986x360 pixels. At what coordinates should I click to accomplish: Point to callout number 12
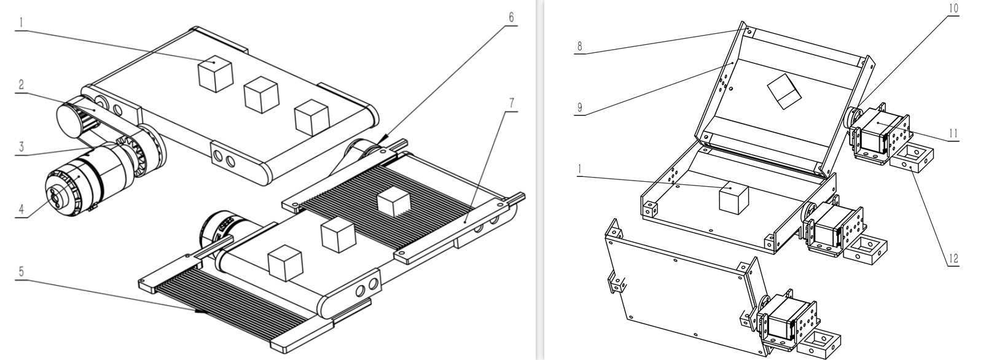pyautogui.click(x=953, y=259)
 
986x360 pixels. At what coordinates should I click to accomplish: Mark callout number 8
pyautogui.click(x=579, y=47)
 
